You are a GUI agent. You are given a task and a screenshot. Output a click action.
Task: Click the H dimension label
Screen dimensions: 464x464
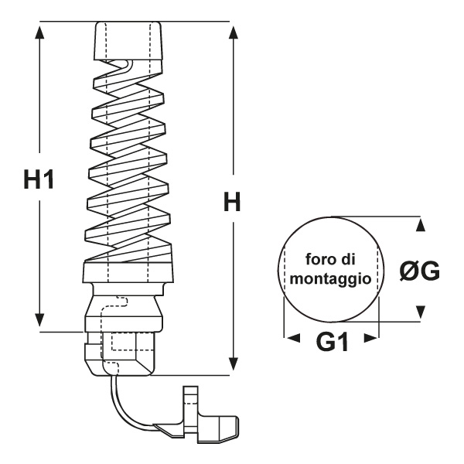233,203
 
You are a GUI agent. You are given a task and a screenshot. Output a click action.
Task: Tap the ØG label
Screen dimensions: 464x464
420,270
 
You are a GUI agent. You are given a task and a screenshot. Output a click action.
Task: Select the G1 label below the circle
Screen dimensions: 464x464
331,341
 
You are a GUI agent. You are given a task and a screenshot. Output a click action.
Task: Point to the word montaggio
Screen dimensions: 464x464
332,277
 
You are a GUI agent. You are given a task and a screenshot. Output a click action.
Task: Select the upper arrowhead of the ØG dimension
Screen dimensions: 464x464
420,225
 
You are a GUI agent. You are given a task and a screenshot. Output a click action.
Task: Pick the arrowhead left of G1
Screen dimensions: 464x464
292,338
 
